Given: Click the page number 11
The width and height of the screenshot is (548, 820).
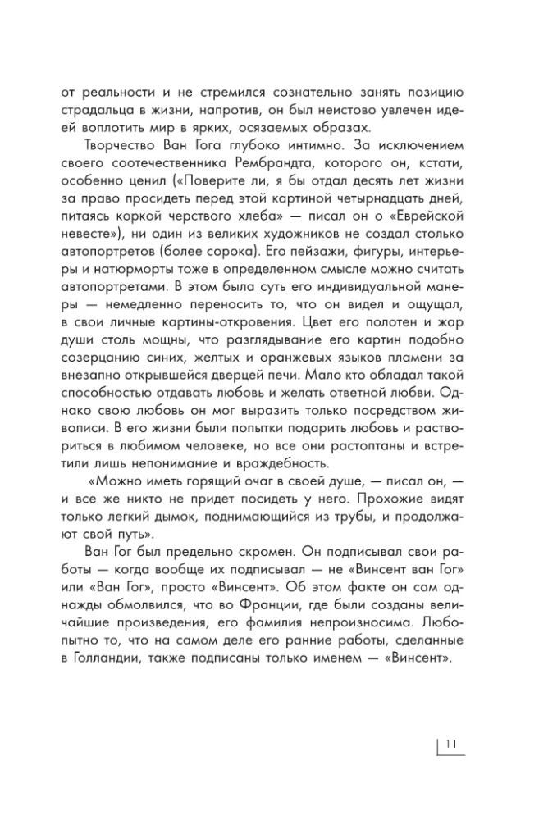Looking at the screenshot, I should click(x=450, y=745).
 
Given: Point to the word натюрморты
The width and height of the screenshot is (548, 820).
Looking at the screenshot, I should click(x=119, y=269).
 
